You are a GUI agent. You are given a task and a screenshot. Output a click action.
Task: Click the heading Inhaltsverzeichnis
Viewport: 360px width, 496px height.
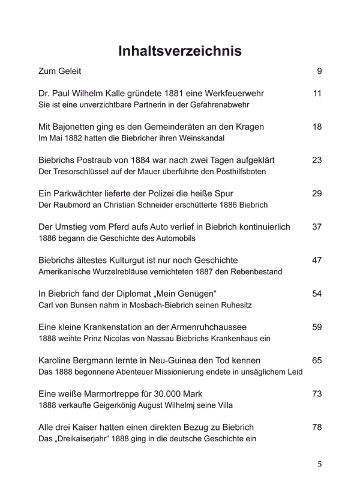coord(180,51)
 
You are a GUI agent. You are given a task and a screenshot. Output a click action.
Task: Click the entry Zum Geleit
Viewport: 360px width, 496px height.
coord(59,71)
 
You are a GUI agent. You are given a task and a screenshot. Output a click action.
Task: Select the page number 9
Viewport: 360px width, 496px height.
coord(319,71)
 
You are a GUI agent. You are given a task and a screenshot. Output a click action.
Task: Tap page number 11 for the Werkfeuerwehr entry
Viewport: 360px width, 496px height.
coord(318,94)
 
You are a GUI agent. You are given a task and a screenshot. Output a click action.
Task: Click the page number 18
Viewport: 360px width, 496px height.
coord(318,127)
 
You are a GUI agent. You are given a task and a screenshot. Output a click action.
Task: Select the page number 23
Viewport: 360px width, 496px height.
coord(318,160)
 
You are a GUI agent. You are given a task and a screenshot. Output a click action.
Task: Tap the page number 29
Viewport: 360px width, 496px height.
coord(318,194)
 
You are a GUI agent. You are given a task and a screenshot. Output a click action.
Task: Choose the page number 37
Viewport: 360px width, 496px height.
coord(318,227)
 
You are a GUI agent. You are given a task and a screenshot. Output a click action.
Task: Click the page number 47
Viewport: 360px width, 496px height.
coord(318,261)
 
